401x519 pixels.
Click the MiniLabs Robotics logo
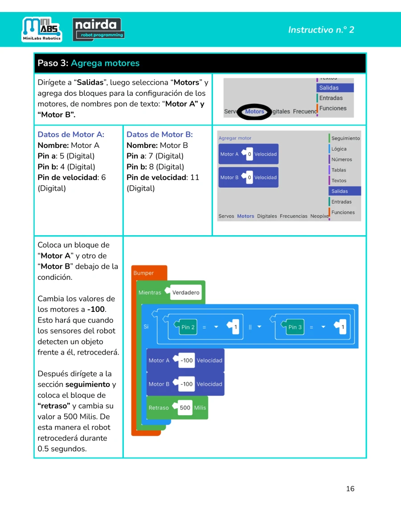pyautogui.click(x=42, y=29)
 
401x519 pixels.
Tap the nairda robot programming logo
pyautogui.click(x=98, y=29)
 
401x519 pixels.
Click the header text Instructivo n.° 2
pyautogui.click(x=321, y=30)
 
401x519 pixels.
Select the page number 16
pyautogui.click(x=350, y=489)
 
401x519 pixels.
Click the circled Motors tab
pyautogui.click(x=254, y=111)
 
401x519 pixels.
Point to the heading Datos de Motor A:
pyautogui.click(x=71, y=135)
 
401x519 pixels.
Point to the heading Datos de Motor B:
pyautogui.click(x=160, y=135)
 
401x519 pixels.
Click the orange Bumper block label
pyautogui.click(x=143, y=273)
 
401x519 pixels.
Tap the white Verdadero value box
pyautogui.click(x=186, y=292)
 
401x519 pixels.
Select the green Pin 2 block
pyautogui.click(x=188, y=327)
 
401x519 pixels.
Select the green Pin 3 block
pyautogui.click(x=295, y=327)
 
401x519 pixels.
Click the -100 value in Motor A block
pyautogui.click(x=186, y=360)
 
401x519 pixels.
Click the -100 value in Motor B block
pyautogui.click(x=186, y=384)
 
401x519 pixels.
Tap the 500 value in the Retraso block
pyautogui.click(x=185, y=408)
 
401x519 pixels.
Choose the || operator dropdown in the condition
pyautogui.click(x=255, y=327)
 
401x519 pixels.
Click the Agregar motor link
pyautogui.click(x=235, y=138)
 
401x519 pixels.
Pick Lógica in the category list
pyautogui.click(x=339, y=149)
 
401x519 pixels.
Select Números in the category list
pyautogui.click(x=341, y=159)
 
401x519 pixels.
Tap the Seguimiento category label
pyautogui.click(x=345, y=139)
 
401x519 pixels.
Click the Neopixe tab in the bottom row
pyautogui.click(x=319, y=216)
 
